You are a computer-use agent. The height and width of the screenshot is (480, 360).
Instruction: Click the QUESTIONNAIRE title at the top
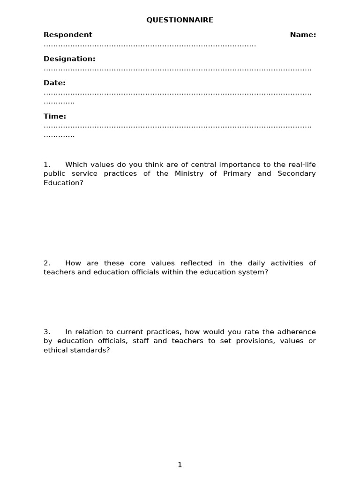[x=180, y=20]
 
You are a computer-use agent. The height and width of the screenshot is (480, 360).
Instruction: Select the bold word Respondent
[x=68, y=35]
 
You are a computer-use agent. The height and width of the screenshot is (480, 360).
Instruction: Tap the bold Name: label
[x=303, y=35]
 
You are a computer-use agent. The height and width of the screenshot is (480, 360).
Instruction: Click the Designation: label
[x=69, y=59]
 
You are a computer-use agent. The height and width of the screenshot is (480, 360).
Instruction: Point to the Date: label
[x=54, y=83]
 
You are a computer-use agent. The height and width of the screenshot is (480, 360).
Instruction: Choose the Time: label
[x=55, y=116]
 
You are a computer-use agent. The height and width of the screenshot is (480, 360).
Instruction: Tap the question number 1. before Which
[x=47, y=165]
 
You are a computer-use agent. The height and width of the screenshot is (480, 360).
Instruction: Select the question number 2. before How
[x=47, y=263]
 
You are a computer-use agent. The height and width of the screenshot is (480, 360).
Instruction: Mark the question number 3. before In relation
[x=47, y=332]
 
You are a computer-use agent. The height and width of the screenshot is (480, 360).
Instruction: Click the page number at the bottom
[x=180, y=465]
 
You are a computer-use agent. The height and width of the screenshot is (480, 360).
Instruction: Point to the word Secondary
[x=296, y=173]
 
